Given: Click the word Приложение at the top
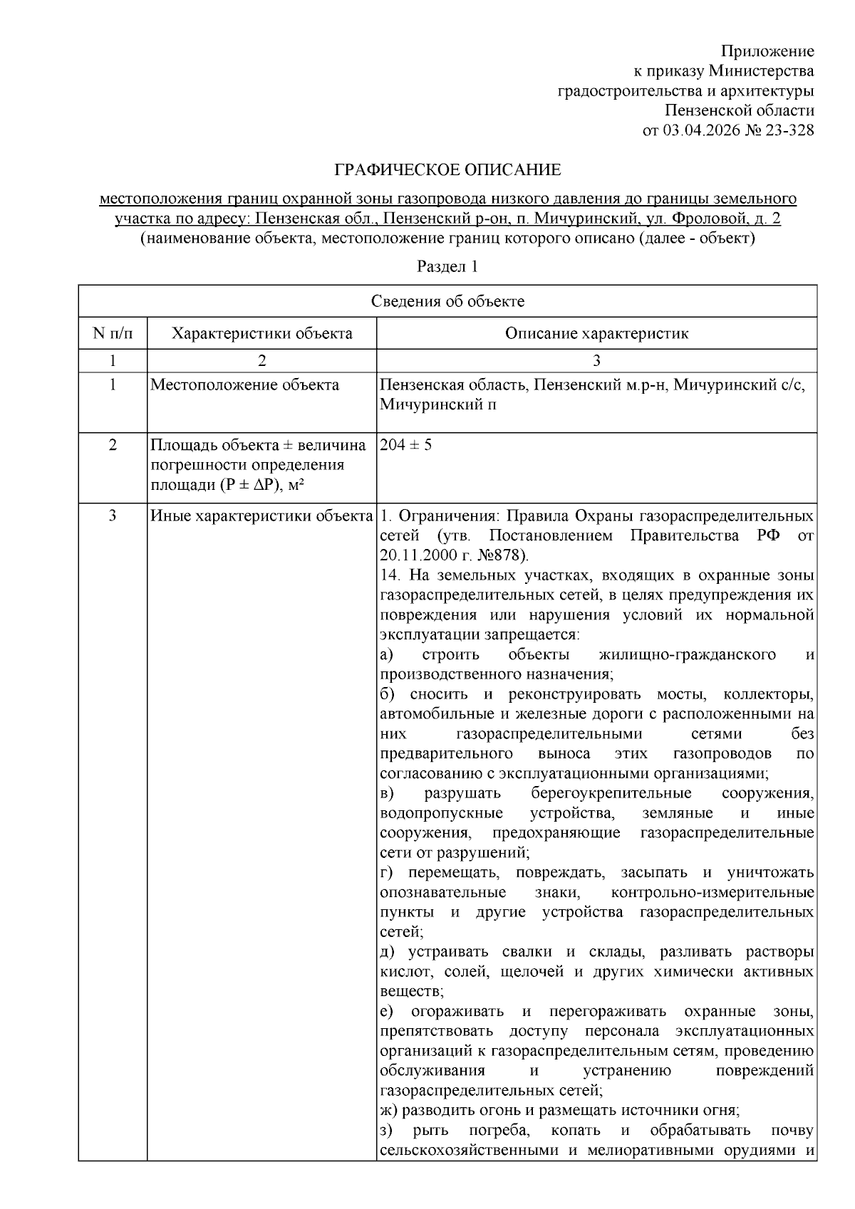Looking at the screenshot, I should (767, 51).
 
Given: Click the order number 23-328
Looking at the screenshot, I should (788, 130).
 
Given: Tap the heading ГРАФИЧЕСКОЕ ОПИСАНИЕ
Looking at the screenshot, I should (447, 170).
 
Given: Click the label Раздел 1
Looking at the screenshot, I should (447, 267).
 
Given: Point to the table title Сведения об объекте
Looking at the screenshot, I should (447, 301).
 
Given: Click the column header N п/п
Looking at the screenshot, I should (113, 333).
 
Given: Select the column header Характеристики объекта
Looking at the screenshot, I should (261, 333).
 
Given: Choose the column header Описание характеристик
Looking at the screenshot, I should (596, 333).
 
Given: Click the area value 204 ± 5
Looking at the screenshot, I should (405, 445).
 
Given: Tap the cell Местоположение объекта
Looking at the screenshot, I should (244, 385).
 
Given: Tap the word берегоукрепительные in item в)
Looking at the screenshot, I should (611, 793).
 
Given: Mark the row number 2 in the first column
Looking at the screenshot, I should (113, 445).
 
